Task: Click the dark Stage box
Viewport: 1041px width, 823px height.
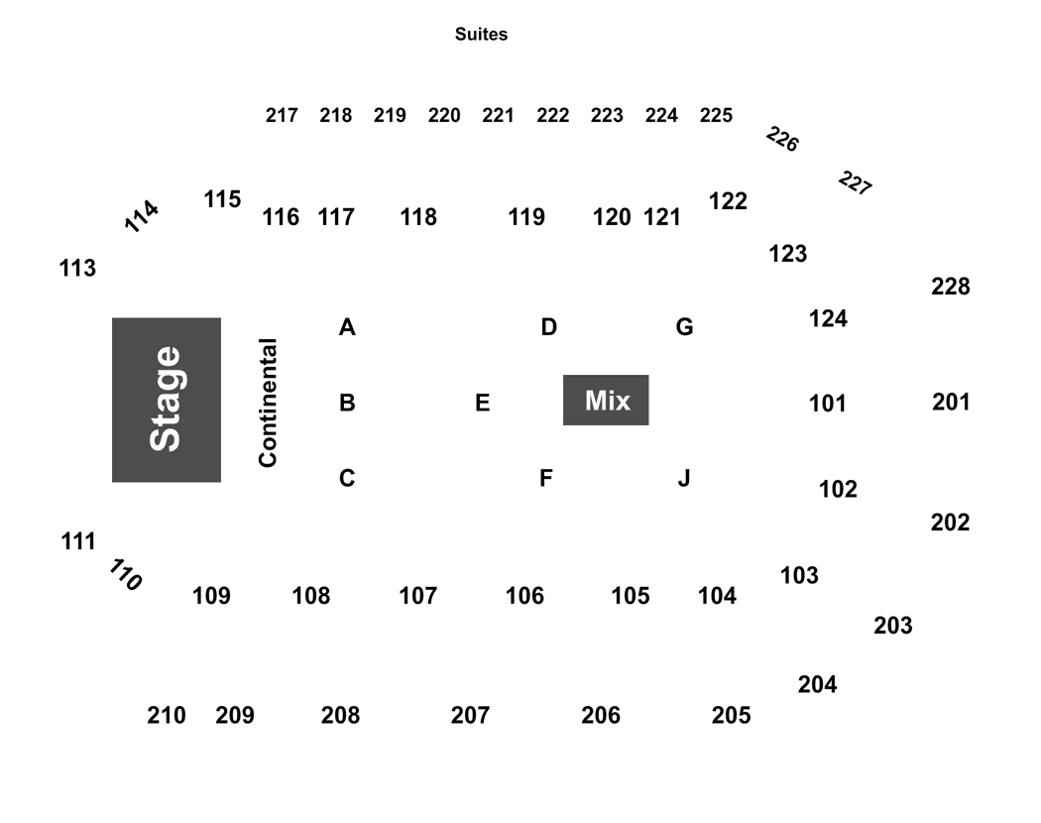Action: (167, 400)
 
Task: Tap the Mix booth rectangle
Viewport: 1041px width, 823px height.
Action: (606, 400)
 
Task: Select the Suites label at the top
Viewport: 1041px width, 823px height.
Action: (481, 34)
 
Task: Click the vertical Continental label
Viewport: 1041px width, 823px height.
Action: (268, 403)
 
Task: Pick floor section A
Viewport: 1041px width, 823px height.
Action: (347, 327)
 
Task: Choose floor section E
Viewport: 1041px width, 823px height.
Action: (483, 403)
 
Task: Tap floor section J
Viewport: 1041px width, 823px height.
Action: (684, 478)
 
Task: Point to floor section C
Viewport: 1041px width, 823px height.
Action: (347, 478)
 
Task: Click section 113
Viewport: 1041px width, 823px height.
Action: (77, 269)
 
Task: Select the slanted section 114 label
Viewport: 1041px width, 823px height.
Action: (142, 216)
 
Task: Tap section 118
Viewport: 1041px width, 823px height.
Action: (418, 217)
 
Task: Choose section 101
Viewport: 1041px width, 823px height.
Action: (827, 404)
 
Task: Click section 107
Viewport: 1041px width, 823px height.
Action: (418, 596)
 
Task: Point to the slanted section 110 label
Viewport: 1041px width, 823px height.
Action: (125, 574)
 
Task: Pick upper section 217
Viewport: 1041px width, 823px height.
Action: (282, 116)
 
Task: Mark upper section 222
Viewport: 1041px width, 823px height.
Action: (553, 116)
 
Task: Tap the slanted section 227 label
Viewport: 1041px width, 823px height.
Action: (855, 183)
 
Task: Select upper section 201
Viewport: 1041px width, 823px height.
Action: (951, 402)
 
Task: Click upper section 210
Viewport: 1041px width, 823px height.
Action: (166, 715)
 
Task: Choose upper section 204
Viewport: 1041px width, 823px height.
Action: (817, 685)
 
